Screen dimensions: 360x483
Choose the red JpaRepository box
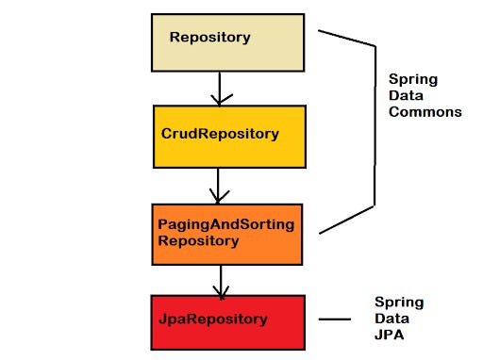click(226, 319)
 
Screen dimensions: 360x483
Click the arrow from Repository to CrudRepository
click(220, 87)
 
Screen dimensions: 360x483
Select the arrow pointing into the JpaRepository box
click(221, 279)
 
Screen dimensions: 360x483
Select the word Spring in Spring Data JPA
click(398, 302)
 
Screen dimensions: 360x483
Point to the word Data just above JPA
click(391, 318)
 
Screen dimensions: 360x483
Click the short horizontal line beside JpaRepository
click(334, 319)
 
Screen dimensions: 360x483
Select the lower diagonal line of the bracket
click(346, 219)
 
